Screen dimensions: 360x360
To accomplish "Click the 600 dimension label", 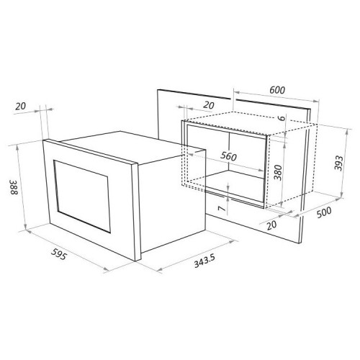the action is [277, 90].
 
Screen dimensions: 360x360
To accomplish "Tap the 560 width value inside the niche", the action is [228, 156].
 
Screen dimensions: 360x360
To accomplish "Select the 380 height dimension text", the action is [278, 172].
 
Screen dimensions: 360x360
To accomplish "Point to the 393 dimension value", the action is [338, 163].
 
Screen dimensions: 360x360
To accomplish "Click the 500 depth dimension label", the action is [324, 212].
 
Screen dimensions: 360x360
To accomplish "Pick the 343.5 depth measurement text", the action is [204, 261].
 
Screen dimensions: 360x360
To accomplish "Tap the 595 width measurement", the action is [58, 254].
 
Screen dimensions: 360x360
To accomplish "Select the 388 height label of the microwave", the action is [14, 187].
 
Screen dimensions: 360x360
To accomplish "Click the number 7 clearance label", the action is [222, 209].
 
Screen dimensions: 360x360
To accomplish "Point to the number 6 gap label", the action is [282, 118].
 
